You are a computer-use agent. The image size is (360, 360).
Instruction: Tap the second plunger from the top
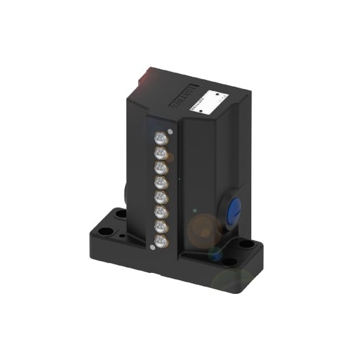coord(159,153)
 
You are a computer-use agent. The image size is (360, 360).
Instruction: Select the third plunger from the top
coord(160,168)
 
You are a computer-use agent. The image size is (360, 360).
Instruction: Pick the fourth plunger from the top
coord(160,182)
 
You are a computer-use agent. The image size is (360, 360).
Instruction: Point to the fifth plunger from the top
coord(160,196)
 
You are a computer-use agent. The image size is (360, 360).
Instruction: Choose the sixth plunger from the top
coord(160,211)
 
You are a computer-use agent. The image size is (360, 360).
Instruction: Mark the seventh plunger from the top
coord(160,225)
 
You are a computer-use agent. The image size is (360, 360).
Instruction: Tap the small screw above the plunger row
coord(170,131)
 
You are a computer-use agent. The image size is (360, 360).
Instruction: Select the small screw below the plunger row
coord(153,247)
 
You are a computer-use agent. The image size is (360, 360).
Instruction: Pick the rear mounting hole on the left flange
coord(120,214)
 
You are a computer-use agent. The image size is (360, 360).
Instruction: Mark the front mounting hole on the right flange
coord(230,261)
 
